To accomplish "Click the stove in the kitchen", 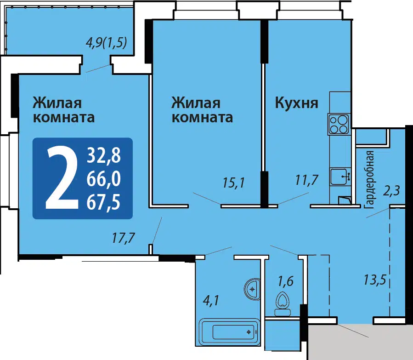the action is pyautogui.click(x=339, y=124).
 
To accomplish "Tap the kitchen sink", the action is pyautogui.click(x=340, y=176).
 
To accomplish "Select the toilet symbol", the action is pyautogui.click(x=283, y=304).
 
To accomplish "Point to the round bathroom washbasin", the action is pyautogui.click(x=252, y=289).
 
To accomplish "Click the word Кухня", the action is pyautogui.click(x=297, y=103).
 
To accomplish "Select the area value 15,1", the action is pyautogui.click(x=234, y=183).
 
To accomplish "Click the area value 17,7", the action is pyautogui.click(x=123, y=238).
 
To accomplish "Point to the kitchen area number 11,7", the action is pyautogui.click(x=307, y=180).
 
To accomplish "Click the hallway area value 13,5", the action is pyautogui.click(x=375, y=280).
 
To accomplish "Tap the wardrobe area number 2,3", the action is pyautogui.click(x=391, y=190).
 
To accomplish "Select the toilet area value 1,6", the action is pyautogui.click(x=286, y=281).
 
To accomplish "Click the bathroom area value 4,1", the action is pyautogui.click(x=211, y=300).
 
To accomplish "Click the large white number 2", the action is pyautogui.click(x=62, y=177).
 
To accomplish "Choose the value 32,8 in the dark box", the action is pyautogui.click(x=104, y=155).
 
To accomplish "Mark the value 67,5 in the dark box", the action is pyautogui.click(x=103, y=202).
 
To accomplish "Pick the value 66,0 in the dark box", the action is pyautogui.click(x=104, y=179).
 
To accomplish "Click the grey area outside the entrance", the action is pyautogui.click(x=360, y=342).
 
